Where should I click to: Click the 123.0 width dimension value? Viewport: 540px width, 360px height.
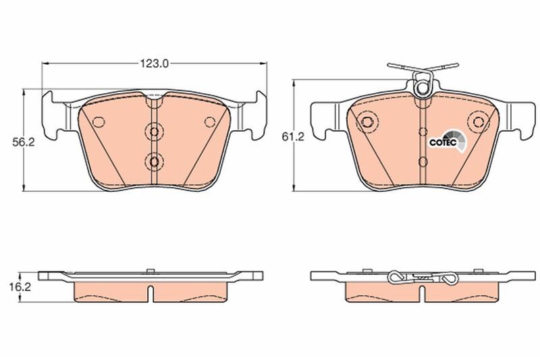click(154, 63)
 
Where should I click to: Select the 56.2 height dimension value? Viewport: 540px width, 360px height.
click(24, 143)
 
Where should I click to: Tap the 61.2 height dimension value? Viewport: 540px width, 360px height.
click(293, 136)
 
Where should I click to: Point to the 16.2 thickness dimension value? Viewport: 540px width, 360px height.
click(20, 286)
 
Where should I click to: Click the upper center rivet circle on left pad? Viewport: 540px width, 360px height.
click(154, 132)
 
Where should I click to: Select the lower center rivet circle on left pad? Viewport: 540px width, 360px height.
click(154, 161)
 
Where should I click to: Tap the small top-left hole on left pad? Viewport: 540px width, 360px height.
click(99, 122)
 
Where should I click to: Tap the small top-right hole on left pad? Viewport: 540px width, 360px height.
click(209, 122)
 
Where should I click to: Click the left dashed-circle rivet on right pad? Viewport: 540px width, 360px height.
click(367, 122)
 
